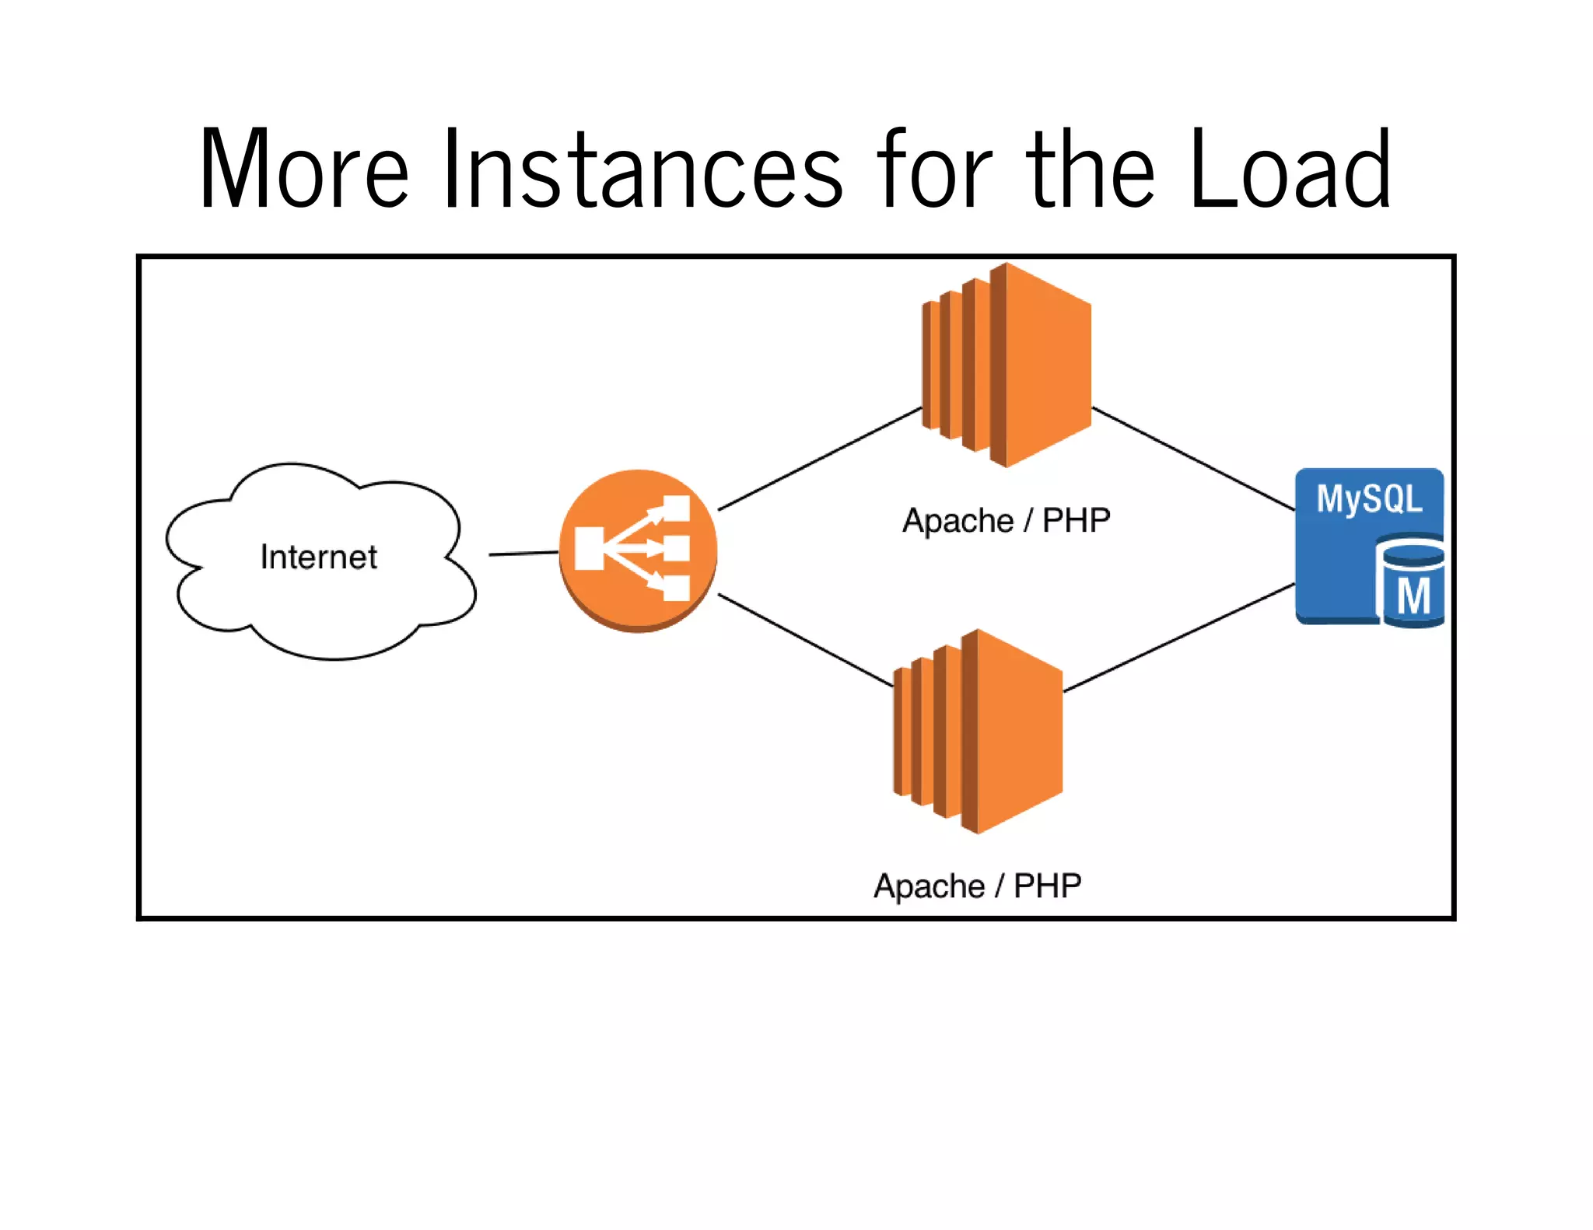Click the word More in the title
tap(303, 169)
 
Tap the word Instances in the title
tap(642, 169)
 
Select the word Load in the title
tap(1290, 169)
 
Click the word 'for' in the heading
tap(934, 169)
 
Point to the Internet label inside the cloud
tap(318, 557)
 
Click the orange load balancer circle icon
tap(638, 550)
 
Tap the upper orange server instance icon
tap(1007, 365)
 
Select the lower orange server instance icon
tap(979, 731)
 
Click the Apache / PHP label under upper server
tap(1006, 520)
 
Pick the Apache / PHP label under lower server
tap(977, 886)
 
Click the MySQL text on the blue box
tap(1368, 498)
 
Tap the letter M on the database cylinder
tap(1413, 597)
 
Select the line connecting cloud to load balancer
tap(523, 554)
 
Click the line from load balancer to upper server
tap(819, 459)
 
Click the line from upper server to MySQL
tap(1193, 459)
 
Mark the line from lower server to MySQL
tap(1178, 638)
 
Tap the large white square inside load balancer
tap(590, 548)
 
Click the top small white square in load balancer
tap(676, 508)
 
